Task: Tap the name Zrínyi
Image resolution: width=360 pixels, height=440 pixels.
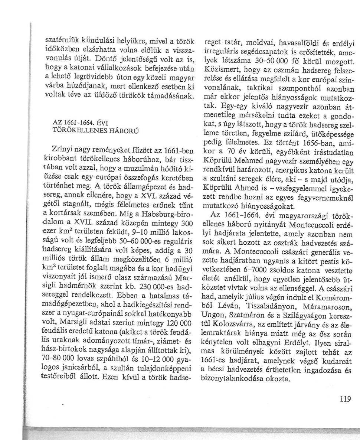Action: [63, 150]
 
